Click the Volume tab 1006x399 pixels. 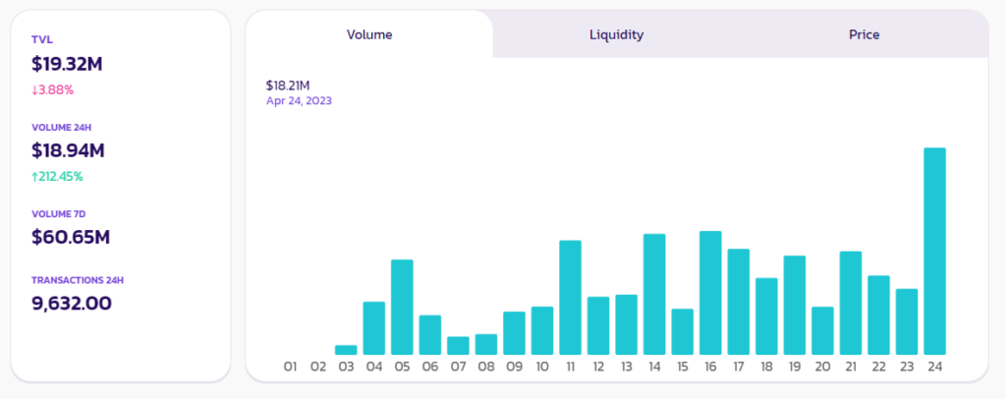[x=369, y=34]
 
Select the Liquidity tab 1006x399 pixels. [x=616, y=34]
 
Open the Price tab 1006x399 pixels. [x=864, y=34]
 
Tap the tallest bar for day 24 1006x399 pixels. [x=934, y=251]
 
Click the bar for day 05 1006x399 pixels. [x=402, y=307]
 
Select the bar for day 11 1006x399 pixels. [x=570, y=297]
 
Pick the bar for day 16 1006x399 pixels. [x=710, y=292]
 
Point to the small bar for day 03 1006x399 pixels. [x=346, y=349]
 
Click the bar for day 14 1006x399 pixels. [x=654, y=294]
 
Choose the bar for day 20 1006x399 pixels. [x=822, y=330]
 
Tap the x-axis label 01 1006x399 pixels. [x=290, y=367]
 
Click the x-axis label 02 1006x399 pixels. [x=318, y=367]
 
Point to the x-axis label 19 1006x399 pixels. [x=794, y=367]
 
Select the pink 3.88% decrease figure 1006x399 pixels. [x=53, y=89]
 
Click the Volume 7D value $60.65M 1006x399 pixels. [x=70, y=237]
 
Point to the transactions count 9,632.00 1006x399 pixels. [x=72, y=303]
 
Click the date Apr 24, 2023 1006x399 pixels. [x=306, y=100]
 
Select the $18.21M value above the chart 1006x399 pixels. [x=288, y=85]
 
